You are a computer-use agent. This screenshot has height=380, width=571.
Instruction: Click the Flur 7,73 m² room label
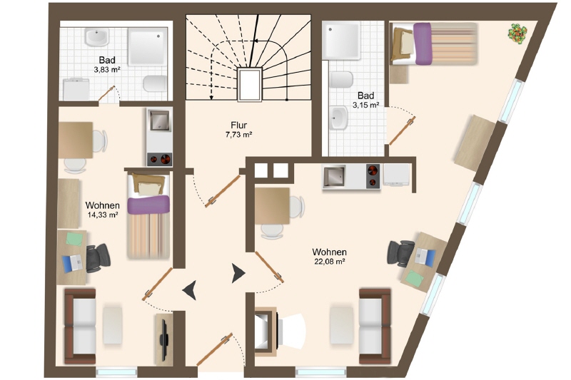click(239, 130)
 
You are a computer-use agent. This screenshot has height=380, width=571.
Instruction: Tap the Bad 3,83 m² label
click(107, 64)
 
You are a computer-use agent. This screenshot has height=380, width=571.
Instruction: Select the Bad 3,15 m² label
click(365, 100)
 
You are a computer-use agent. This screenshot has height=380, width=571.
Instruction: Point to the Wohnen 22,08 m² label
click(329, 257)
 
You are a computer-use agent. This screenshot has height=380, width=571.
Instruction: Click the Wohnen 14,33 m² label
click(102, 210)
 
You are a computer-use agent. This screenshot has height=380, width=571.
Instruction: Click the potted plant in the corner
click(517, 34)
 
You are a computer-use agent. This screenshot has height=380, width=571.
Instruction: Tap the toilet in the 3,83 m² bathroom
click(156, 83)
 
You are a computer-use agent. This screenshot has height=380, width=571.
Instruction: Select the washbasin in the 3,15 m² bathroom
click(340, 118)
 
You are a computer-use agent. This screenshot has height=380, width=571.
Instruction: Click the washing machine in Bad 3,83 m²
click(76, 89)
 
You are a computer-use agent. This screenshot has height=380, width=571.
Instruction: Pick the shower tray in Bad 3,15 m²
click(342, 41)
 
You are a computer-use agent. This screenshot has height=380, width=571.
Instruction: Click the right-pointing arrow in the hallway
click(238, 274)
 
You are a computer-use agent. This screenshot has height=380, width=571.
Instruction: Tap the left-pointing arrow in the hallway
click(190, 290)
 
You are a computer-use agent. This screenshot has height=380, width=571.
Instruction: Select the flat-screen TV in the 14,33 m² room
click(164, 339)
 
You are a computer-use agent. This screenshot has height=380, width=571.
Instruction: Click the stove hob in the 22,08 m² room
click(372, 176)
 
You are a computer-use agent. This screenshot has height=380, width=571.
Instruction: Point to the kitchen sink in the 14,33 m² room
click(159, 120)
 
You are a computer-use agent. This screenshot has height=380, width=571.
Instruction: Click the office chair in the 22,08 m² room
click(400, 254)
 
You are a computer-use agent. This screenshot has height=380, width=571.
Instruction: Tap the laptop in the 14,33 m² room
click(73, 262)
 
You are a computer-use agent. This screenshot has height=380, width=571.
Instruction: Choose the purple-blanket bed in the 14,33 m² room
click(148, 216)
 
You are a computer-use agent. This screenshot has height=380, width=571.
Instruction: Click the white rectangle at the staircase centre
click(250, 85)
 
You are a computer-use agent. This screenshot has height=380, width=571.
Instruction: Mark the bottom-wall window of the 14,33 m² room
click(116, 372)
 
